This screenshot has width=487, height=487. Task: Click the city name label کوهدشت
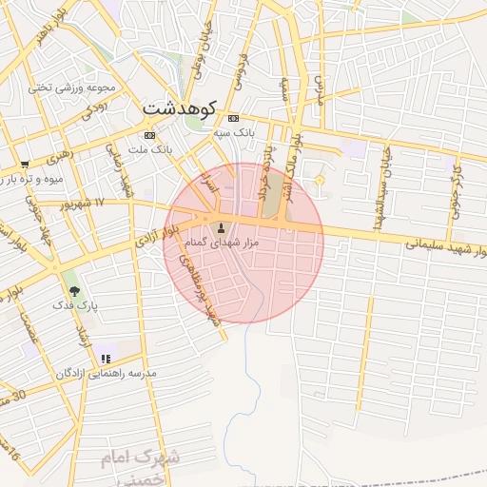(181, 108)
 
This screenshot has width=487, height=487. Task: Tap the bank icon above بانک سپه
(233, 118)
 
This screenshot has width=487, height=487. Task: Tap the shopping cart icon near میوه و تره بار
(24, 165)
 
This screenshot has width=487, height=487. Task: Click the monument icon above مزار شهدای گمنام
(223, 228)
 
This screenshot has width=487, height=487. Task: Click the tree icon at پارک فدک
(74, 291)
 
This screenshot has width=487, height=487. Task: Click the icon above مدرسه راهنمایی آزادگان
(105, 359)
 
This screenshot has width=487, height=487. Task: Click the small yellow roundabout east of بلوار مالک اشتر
(320, 179)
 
